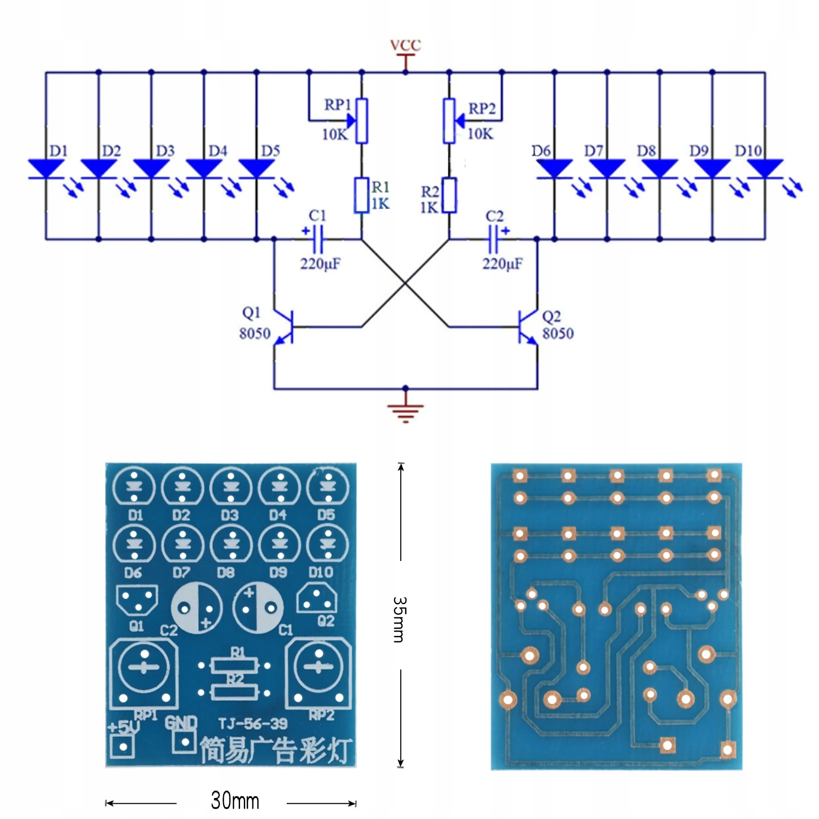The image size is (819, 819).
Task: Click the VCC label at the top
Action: tap(405, 45)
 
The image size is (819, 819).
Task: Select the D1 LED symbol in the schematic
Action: tap(47, 169)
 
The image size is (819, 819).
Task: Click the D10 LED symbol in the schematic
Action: tap(765, 169)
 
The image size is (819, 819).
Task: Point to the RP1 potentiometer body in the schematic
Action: tap(361, 121)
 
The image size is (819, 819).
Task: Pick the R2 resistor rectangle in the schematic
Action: tap(449, 195)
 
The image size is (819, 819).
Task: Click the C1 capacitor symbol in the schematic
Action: tap(317, 239)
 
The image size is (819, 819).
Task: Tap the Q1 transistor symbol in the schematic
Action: tap(284, 327)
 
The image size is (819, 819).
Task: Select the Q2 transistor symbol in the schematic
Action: tap(528, 327)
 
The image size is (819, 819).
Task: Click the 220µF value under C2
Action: tap(502, 264)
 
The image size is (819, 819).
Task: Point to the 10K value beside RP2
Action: tap(480, 134)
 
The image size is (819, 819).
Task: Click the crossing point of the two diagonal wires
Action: tap(405, 283)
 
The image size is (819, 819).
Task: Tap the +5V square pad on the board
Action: tap(123, 746)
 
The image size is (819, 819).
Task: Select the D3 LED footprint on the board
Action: tap(231, 486)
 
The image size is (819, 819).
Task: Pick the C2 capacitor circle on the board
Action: tap(197, 608)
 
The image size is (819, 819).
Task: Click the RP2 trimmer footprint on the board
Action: tap(318, 673)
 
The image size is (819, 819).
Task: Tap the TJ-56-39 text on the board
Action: tap(253, 723)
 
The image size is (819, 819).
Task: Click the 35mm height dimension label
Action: tap(399, 619)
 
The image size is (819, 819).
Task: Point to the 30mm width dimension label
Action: tap(235, 801)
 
